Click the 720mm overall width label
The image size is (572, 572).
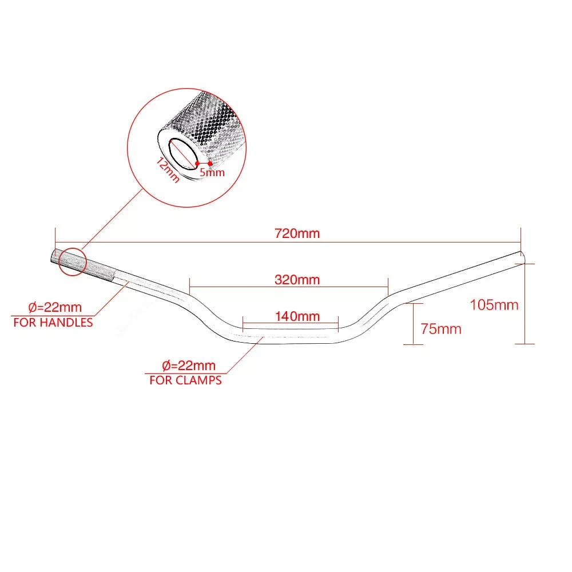[297, 233]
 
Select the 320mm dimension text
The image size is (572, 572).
[297, 280]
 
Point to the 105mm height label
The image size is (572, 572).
[494, 305]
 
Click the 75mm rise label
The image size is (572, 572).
[440, 329]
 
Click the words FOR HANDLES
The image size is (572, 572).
[53, 323]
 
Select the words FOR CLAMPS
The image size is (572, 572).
[185, 380]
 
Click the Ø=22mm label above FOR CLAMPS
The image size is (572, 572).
[189, 366]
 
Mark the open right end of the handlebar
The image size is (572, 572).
[521, 255]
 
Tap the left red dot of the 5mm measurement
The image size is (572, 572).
[197, 164]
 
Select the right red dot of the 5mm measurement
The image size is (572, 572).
[210, 164]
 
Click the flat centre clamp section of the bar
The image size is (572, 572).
[291, 337]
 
